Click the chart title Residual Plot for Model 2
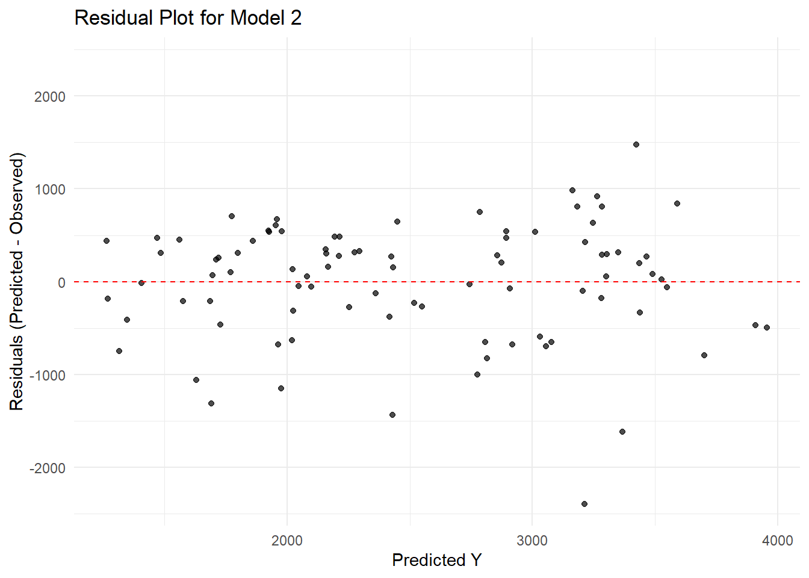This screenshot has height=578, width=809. (x=188, y=18)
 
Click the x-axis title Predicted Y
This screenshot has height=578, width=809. (x=436, y=560)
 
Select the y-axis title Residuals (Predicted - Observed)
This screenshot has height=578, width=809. (x=17, y=282)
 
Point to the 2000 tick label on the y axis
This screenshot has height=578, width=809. (x=49, y=96)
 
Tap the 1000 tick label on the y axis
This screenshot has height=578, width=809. (x=49, y=189)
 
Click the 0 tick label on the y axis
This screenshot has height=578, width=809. (x=61, y=282)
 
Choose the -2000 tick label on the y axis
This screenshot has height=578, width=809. (x=47, y=468)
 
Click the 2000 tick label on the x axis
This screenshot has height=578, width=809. (x=287, y=540)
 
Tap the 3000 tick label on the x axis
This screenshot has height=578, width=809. (x=532, y=540)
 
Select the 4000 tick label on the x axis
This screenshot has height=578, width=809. (x=777, y=540)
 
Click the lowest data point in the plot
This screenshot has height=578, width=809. (x=584, y=504)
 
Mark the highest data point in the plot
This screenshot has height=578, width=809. (x=636, y=144)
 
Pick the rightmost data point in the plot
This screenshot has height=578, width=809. (x=767, y=328)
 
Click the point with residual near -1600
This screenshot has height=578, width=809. (x=622, y=432)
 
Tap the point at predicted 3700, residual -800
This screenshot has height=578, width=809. (x=704, y=355)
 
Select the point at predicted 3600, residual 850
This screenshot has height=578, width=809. (x=677, y=204)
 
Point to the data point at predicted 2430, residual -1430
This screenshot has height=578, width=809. (x=392, y=415)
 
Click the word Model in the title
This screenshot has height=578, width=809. (x=256, y=18)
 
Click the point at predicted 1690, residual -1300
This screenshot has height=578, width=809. (x=211, y=403)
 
